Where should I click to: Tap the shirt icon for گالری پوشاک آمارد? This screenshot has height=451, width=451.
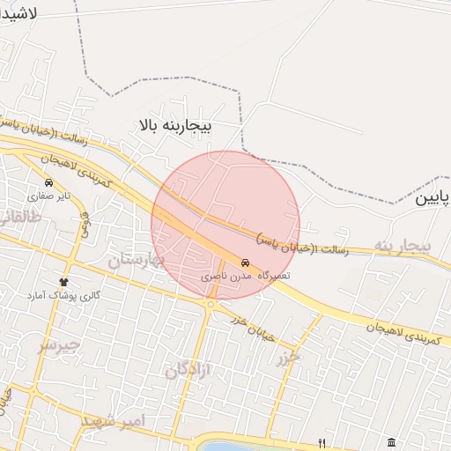(63, 279)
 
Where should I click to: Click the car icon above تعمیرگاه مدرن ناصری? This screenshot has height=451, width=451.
(245, 262)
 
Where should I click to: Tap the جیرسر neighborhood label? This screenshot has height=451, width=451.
(58, 344)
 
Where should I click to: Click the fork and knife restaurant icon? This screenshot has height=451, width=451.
(322, 442)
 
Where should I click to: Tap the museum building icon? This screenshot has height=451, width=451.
(391, 441)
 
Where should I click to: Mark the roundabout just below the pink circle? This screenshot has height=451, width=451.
(211, 304)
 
